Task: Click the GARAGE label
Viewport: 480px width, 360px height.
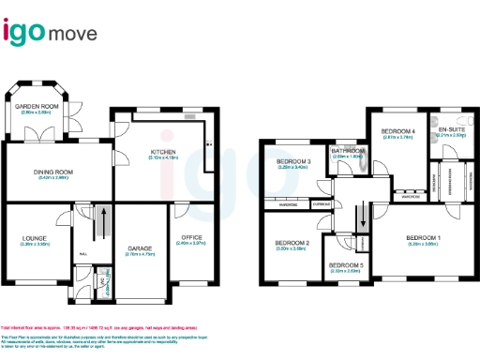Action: coord(140,247)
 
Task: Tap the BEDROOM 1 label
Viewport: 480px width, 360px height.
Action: coord(423,238)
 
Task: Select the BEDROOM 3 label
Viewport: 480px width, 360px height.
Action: coord(292,161)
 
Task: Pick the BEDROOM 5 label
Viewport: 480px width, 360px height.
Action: coord(345,265)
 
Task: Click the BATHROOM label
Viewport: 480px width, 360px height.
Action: coord(349,151)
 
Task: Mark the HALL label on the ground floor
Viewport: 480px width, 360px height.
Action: coord(83,254)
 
